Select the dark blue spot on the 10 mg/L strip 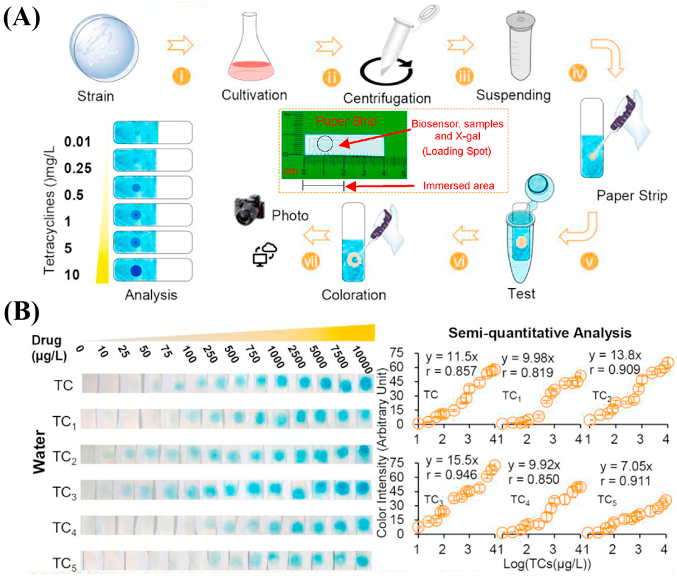tap(136, 271)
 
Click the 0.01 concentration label tap(77, 142)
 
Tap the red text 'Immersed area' tap(458, 186)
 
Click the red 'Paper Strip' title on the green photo tap(346, 122)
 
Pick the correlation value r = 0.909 tap(614, 370)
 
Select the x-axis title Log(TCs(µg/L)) tap(547, 564)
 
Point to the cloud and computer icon tap(265, 253)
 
